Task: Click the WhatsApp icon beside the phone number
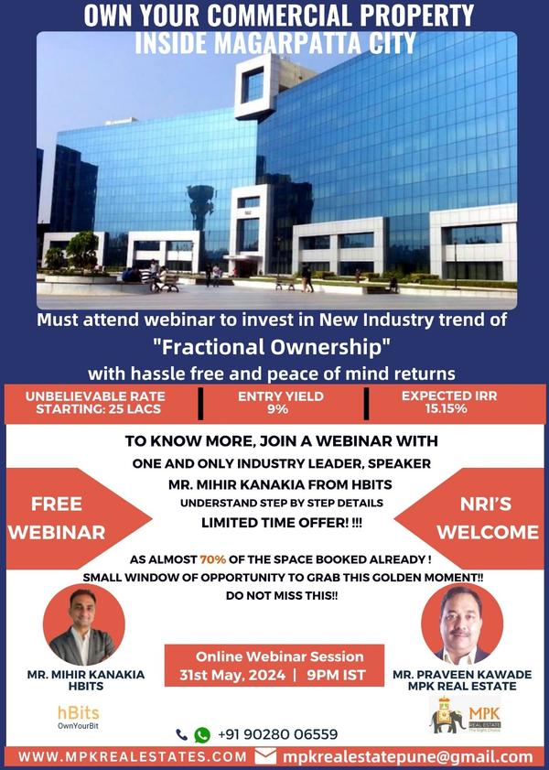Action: tap(201, 734)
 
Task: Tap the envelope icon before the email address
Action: tap(265, 756)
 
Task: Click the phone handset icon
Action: tap(181, 734)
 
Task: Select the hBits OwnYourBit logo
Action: tap(78, 717)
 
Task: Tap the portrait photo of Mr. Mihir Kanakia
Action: tap(83, 625)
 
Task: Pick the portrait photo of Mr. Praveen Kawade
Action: tap(462, 625)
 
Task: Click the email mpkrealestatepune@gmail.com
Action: tap(407, 757)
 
